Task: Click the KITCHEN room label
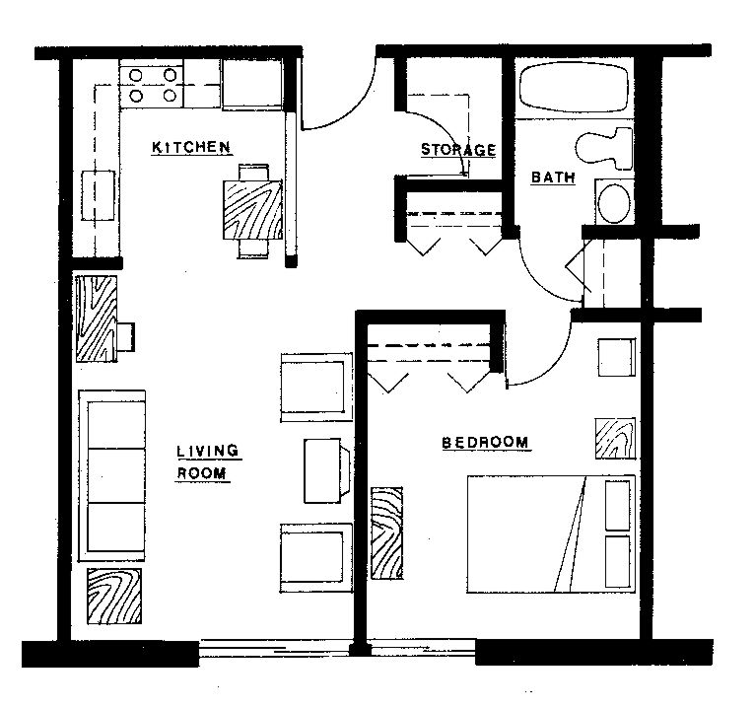[x=191, y=148]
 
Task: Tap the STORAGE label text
[x=458, y=150]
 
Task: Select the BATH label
[x=552, y=177]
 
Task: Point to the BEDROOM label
[x=485, y=443]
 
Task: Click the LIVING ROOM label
[x=206, y=462]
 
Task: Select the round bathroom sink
[x=613, y=202]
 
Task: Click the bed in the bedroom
[x=549, y=533]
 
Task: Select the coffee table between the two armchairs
[x=325, y=471]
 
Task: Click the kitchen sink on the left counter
[x=98, y=195]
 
